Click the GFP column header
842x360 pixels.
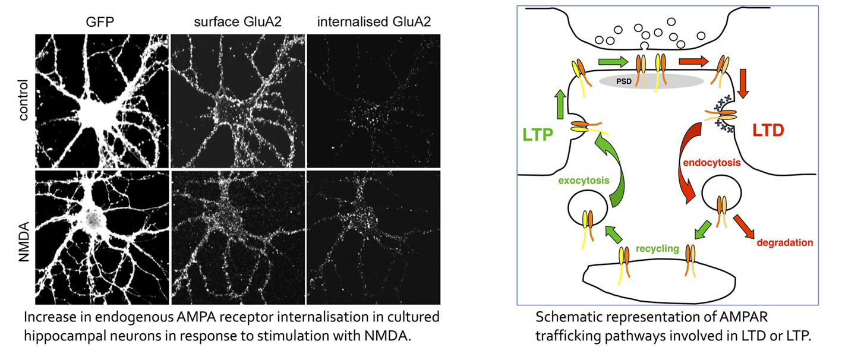point(100,22)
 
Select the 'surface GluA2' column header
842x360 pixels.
point(238,22)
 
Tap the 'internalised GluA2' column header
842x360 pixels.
point(374,22)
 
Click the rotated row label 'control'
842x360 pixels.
point(23,100)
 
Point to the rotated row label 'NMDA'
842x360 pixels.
point(24,242)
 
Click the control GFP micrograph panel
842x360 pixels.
point(102,101)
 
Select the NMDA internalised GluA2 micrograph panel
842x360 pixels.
point(374,238)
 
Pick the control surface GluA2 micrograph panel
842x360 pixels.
point(238,101)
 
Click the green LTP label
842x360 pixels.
point(538,134)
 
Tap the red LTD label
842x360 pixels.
point(768,131)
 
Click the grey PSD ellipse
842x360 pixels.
point(651,81)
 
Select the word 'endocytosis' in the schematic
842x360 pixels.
point(712,163)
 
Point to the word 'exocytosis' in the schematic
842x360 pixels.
point(584,181)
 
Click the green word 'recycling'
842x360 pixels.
point(657,248)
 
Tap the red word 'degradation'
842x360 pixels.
point(785,242)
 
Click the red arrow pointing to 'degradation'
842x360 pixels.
point(743,226)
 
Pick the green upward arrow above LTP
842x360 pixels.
point(560,105)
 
